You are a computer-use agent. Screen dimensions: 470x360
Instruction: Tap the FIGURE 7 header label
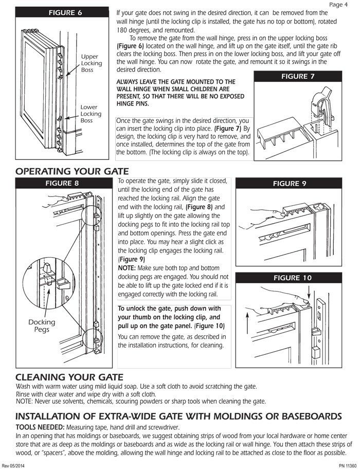[x=297, y=76]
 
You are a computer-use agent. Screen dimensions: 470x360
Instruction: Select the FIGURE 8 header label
[x=62, y=183]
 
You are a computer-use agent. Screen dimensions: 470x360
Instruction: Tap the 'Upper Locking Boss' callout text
[x=91, y=63]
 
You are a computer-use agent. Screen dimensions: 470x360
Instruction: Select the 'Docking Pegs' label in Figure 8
[x=42, y=326]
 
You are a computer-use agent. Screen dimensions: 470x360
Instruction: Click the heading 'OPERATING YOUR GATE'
[x=72, y=171]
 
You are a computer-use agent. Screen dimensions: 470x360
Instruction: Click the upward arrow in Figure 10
[x=247, y=329]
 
